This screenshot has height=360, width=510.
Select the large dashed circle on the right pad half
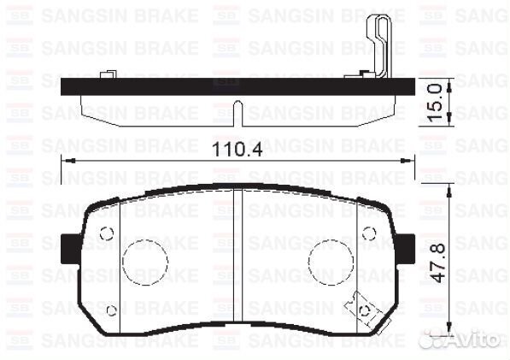click(329, 262)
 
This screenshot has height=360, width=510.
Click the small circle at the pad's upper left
click(106, 233)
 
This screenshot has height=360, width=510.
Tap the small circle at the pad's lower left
click(111, 310)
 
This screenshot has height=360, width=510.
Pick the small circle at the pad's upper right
click(369, 233)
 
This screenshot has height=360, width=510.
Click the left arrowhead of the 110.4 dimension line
click(67, 160)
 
